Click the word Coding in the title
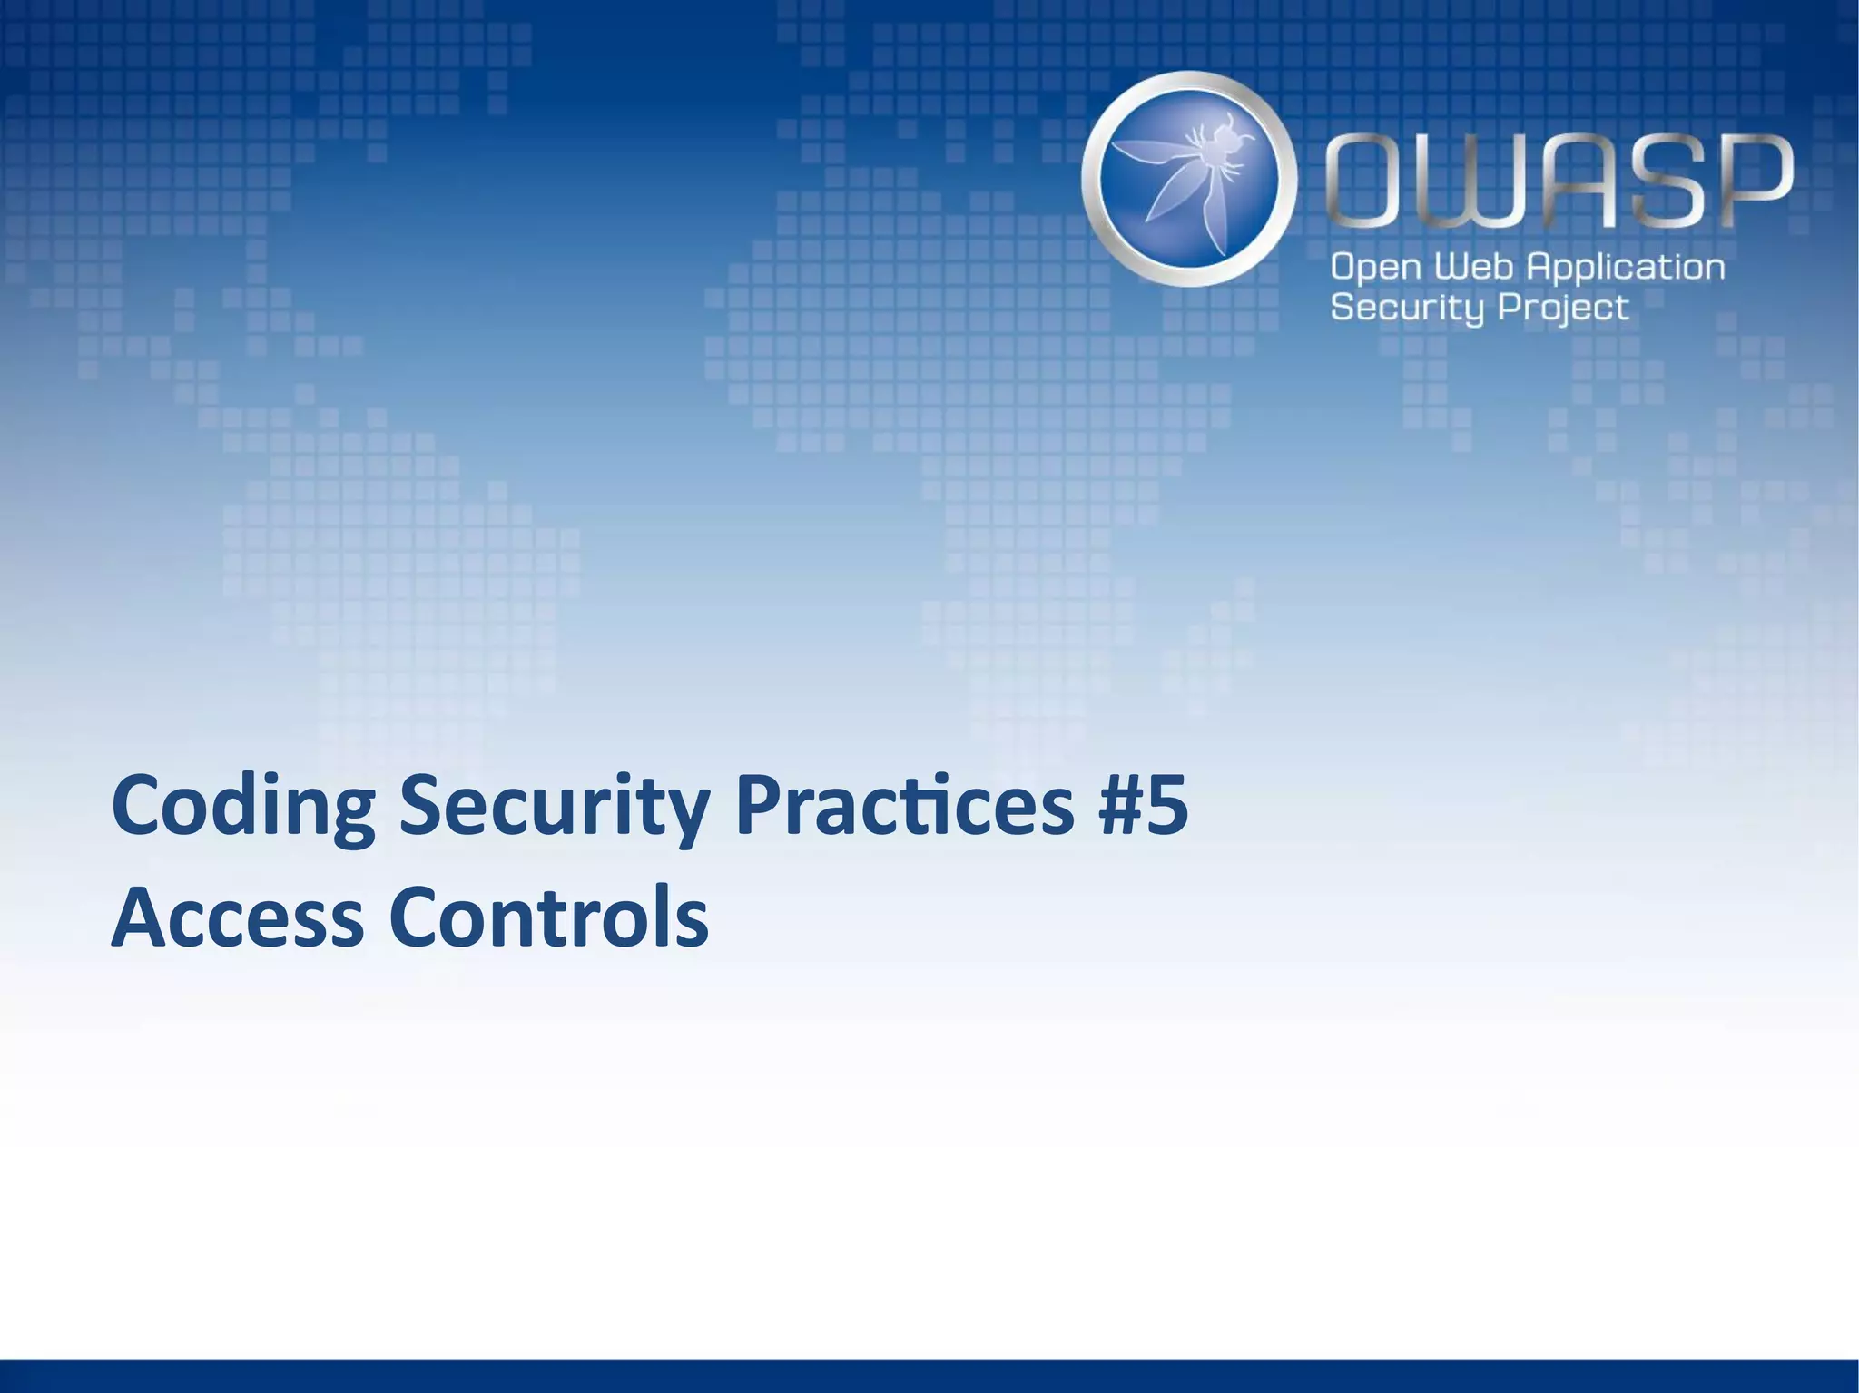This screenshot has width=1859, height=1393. (x=242, y=807)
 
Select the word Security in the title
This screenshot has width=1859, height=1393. (x=554, y=807)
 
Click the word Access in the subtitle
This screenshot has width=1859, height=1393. (x=237, y=917)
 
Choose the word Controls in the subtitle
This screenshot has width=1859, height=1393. (x=548, y=917)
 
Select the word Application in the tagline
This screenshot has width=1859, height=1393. (x=1625, y=269)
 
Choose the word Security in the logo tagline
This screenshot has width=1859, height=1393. (x=1408, y=308)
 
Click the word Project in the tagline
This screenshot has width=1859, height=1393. (x=1563, y=309)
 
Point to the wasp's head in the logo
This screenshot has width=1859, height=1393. (x=1231, y=136)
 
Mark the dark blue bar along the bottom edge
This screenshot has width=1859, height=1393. (x=929, y=1376)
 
